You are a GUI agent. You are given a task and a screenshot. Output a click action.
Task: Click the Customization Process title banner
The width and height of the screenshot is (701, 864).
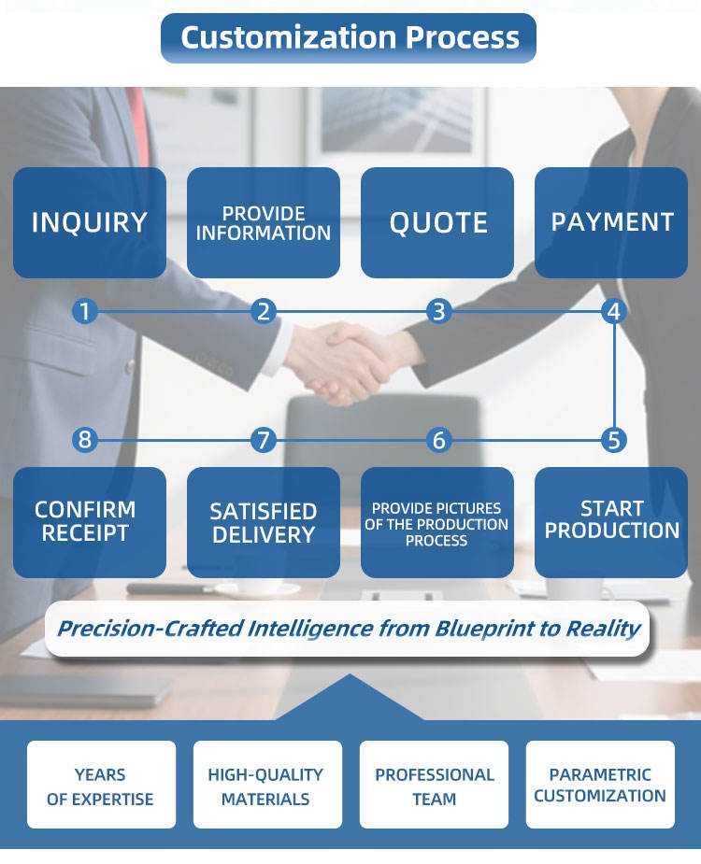pyautogui.click(x=349, y=38)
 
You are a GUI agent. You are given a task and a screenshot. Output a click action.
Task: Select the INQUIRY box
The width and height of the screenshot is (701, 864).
pyautogui.click(x=90, y=222)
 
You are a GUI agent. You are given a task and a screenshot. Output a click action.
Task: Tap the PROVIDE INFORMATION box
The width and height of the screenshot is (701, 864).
pyautogui.click(x=264, y=222)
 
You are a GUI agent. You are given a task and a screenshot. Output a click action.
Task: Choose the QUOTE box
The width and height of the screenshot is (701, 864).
pyautogui.click(x=437, y=222)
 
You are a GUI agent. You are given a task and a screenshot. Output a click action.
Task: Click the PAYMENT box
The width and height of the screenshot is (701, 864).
pyautogui.click(x=611, y=222)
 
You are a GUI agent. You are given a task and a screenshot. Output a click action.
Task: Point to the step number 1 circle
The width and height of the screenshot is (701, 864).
pyautogui.click(x=85, y=311)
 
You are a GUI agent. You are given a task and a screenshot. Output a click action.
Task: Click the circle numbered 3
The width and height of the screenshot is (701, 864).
pyautogui.click(x=438, y=311)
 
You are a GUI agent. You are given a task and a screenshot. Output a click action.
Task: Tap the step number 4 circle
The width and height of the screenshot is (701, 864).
pyautogui.click(x=613, y=311)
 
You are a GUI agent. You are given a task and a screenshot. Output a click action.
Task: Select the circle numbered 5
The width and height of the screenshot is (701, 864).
pyautogui.click(x=613, y=439)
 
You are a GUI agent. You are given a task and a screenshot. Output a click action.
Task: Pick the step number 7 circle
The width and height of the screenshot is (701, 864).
pyautogui.click(x=264, y=439)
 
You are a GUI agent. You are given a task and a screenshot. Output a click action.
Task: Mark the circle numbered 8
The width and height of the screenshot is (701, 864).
pyautogui.click(x=85, y=439)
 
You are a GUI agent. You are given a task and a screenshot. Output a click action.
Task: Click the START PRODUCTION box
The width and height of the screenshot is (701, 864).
pyautogui.click(x=611, y=521)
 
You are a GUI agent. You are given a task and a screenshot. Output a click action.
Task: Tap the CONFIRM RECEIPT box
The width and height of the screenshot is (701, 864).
pyautogui.click(x=90, y=521)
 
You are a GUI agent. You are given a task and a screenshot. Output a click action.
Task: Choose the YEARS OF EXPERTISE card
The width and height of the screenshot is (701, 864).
pyautogui.click(x=101, y=786)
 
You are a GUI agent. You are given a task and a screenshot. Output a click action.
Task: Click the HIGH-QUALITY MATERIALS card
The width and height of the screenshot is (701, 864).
pyautogui.click(x=267, y=786)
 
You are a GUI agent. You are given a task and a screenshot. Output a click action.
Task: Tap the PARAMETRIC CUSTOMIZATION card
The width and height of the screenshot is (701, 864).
pyautogui.click(x=600, y=786)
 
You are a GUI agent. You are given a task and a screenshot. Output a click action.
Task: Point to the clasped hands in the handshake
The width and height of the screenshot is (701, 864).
pyautogui.click(x=341, y=360)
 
